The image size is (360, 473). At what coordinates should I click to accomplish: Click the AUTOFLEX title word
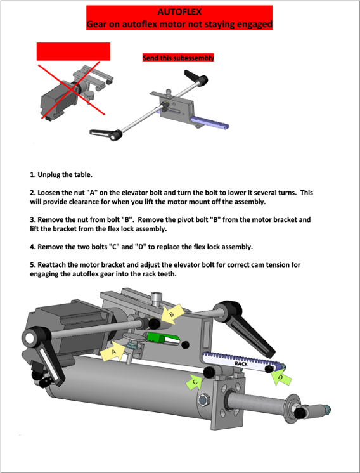[x=179, y=12]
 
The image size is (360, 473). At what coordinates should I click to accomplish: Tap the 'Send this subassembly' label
[x=178, y=58]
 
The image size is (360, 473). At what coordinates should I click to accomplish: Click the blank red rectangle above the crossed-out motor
[x=74, y=51]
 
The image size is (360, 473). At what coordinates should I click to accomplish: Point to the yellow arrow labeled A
[x=112, y=351]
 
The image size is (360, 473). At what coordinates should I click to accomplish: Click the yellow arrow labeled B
[x=173, y=314]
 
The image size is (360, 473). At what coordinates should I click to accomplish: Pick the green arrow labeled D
[x=281, y=377]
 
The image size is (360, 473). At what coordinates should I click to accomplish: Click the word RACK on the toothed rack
[x=241, y=364]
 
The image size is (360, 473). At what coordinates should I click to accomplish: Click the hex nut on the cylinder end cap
[x=203, y=400]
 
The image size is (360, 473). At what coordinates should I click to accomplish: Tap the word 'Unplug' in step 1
[x=49, y=174]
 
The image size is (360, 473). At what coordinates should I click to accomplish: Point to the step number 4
[x=32, y=247]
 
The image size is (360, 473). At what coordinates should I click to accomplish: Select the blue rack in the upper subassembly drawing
[x=209, y=122]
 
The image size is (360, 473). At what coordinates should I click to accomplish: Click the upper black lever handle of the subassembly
[x=196, y=77]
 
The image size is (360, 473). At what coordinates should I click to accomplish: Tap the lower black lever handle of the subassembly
[x=105, y=134]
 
